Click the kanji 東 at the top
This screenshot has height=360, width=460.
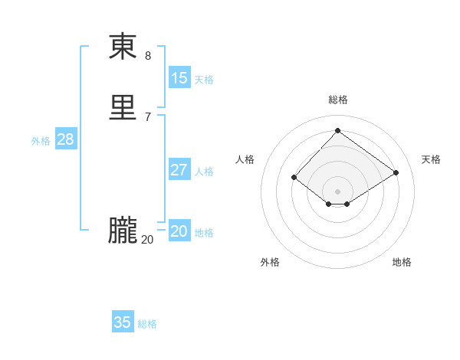(123, 47)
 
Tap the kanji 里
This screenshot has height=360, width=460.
(123, 108)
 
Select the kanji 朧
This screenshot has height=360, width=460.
(123, 230)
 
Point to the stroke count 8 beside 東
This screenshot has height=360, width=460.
(148, 56)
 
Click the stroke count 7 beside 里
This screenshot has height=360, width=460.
(148, 116)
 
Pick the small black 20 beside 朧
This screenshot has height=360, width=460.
(147, 240)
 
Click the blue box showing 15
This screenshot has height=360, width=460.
(179, 77)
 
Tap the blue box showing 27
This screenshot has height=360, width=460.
(179, 170)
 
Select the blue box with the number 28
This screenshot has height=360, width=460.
(65, 139)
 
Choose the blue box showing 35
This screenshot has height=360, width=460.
(123, 322)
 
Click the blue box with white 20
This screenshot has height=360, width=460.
(179, 231)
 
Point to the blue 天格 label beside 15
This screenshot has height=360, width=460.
(204, 79)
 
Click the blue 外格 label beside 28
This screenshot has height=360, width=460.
(41, 141)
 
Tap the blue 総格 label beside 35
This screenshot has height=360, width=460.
(147, 324)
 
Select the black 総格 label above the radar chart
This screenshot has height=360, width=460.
(338, 100)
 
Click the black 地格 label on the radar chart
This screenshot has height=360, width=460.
(402, 262)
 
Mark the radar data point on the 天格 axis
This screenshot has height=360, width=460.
(396, 173)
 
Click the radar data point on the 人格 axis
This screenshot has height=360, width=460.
(294, 178)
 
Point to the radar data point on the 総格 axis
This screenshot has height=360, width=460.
(337, 130)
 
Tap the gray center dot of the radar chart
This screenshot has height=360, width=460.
(337, 191)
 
